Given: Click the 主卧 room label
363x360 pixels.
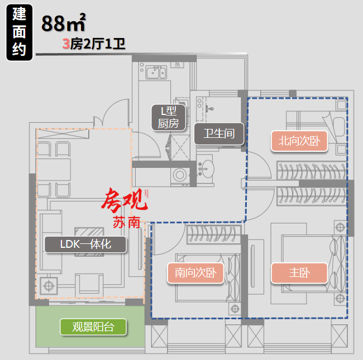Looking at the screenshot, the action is tap(299, 273).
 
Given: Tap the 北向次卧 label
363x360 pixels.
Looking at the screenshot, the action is tap(299, 141).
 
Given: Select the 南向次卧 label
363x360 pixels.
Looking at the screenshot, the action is tap(195, 273).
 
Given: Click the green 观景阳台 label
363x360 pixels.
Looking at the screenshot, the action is tap(93, 327).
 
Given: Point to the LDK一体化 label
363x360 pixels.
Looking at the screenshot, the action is tap(85, 244).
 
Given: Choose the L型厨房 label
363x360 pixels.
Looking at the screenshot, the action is tap(169, 118).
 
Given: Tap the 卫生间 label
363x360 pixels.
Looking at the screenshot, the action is tap(219, 134).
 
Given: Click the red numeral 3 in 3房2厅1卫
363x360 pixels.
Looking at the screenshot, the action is tap(66, 44).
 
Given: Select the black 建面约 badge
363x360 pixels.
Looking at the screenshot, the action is tap(19, 32).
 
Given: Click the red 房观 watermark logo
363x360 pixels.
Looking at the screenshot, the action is tap(125, 200).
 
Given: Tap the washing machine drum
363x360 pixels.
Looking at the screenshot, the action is tap(180, 175).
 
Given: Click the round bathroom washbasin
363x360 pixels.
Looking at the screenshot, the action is tap(206, 169).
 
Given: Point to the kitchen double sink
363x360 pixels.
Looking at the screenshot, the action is tap(156, 72).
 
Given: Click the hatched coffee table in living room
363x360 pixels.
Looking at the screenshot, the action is tap(89, 242).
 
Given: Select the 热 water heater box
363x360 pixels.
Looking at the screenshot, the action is tap(178, 65).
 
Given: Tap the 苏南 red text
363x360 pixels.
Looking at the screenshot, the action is tap(127, 222).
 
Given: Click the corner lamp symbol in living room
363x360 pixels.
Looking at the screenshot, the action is tap(49, 286).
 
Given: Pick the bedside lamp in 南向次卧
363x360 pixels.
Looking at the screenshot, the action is tap(235, 309).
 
